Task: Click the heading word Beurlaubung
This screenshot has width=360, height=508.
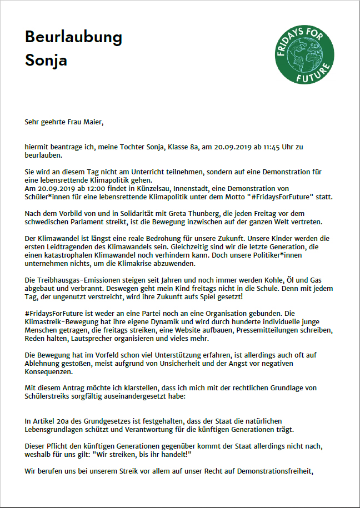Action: tap(73, 38)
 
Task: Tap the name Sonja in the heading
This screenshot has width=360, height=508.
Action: tap(46, 60)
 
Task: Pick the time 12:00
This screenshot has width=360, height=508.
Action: tap(82, 189)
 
